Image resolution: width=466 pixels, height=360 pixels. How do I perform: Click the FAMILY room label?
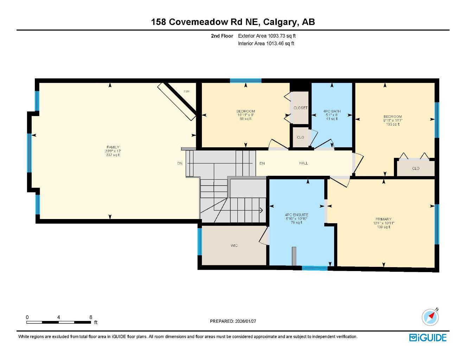(113, 147)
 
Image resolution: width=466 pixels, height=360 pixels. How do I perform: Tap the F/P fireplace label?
(186, 92)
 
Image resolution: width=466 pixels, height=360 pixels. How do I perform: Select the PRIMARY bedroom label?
(383, 219)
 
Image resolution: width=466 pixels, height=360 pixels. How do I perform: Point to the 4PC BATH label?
(332, 111)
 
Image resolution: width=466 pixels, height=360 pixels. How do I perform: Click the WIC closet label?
(234, 245)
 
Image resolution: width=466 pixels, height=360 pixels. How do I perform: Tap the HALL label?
(304, 163)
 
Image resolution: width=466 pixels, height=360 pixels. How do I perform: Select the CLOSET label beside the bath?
(300, 108)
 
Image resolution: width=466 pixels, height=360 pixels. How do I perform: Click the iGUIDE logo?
(428, 338)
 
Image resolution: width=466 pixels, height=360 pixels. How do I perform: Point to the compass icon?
(430, 317)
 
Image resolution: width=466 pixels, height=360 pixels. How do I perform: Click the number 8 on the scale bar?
(91, 317)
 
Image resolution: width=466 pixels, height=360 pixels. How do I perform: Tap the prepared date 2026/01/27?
(248, 321)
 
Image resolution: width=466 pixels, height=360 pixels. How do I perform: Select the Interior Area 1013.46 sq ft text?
(266, 44)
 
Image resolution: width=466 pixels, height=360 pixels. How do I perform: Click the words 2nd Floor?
(222, 36)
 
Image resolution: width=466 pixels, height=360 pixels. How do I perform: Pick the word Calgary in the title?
(281, 22)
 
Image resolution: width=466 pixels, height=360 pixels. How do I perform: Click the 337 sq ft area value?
(113, 155)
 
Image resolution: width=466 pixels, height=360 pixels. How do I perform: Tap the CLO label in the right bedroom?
(416, 168)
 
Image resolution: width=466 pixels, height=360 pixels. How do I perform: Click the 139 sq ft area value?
(383, 227)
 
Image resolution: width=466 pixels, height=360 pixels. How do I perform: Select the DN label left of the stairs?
(180, 163)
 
